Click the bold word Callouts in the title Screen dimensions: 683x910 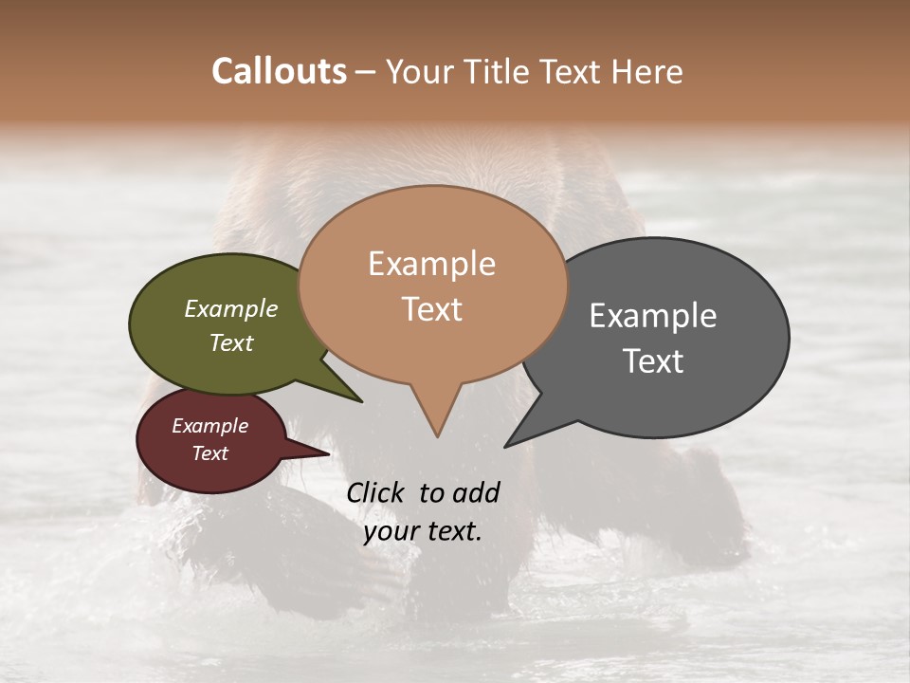coord(279,71)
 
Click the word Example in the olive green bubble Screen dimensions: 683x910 coord(231,308)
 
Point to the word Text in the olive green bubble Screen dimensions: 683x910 coord(231,342)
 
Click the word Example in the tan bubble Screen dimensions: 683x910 coord(431,264)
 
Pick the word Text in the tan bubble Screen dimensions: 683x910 coord(431,309)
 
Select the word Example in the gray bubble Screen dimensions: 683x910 coord(653,316)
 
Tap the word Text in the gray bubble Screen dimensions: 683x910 coord(653,361)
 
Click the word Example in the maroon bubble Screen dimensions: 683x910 coord(210,426)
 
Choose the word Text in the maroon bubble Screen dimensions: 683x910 coord(210,453)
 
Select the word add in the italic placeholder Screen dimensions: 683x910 coord(476,492)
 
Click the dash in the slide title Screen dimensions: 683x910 coord(366,72)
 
